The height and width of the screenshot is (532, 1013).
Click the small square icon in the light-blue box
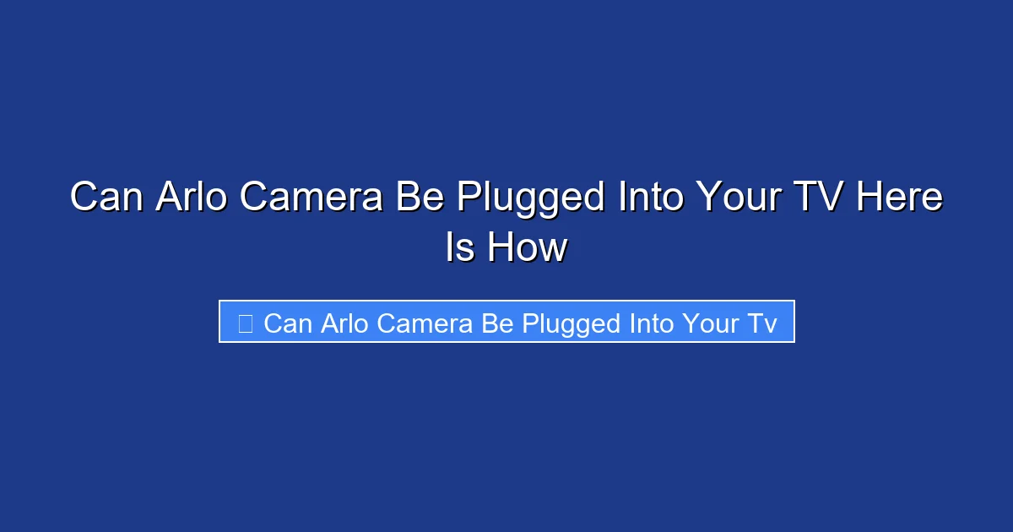pos(246,323)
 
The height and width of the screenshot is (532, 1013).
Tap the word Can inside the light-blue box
pos(288,323)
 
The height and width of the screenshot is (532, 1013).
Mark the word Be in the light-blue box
pos(498,323)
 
